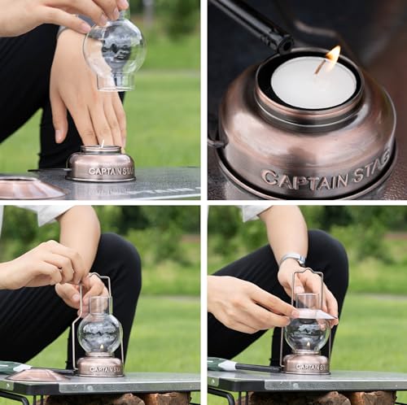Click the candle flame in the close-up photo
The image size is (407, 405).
[333, 56]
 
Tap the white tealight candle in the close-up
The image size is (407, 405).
[313, 85]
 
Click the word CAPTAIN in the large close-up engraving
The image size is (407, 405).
[304, 175]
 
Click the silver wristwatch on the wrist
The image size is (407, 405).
[291, 259]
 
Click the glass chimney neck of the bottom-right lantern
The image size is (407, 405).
[307, 302]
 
